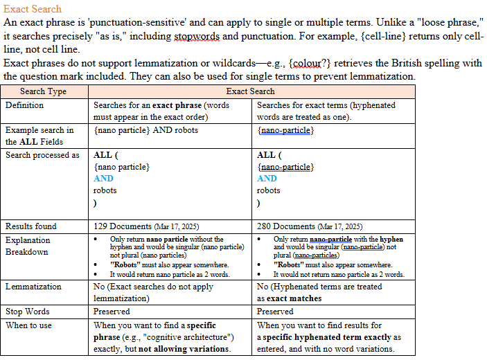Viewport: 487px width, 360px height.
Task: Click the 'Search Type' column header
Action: tap(43, 91)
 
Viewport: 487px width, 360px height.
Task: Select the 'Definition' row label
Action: tap(24, 105)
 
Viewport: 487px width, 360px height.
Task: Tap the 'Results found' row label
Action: tap(30, 226)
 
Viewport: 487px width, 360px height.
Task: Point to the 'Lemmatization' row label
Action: tap(33, 287)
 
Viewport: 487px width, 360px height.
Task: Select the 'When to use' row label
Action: tap(28, 325)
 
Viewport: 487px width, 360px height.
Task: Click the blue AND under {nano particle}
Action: tap(103, 179)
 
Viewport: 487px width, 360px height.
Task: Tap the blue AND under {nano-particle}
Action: tap(267, 179)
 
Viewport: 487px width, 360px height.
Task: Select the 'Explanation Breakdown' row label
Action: tap(28, 246)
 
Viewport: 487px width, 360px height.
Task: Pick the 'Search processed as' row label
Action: tap(42, 155)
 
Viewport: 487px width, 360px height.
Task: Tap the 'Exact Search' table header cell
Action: tap(250, 91)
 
